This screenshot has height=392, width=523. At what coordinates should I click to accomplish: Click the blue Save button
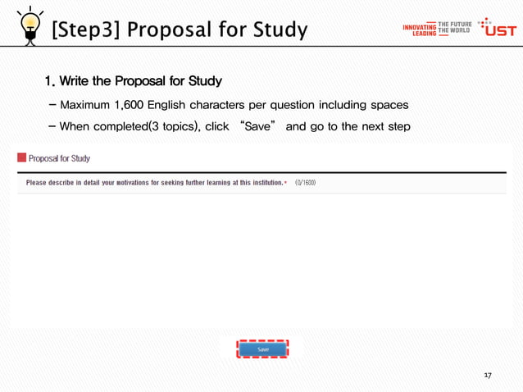pos(262,349)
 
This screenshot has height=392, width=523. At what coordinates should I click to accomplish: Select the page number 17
pos(488,375)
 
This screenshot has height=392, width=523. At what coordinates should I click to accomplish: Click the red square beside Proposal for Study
pos(22,158)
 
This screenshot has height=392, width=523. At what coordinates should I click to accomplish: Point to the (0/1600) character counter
pos(305,183)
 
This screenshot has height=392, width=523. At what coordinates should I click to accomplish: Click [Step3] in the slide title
pos(86,30)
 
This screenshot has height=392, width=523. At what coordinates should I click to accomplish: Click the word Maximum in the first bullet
pos(88,106)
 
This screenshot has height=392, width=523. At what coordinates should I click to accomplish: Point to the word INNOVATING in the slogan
pos(419,27)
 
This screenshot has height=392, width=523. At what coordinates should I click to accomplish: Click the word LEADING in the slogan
pos(424,34)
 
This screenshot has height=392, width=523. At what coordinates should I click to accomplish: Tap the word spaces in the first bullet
pos(389,106)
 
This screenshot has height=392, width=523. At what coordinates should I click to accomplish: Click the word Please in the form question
pos(38,183)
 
